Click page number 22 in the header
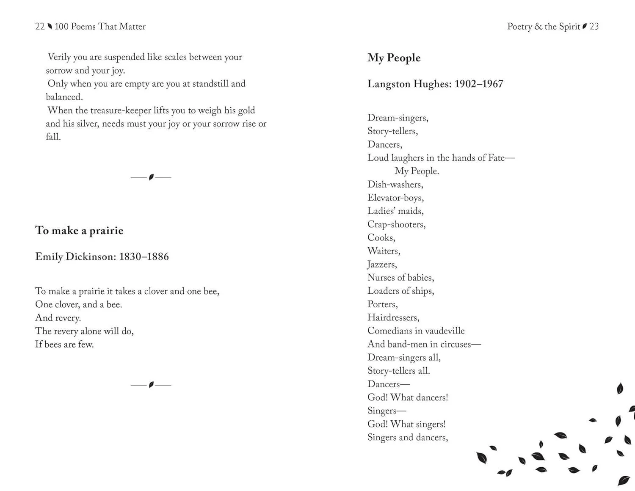(x=40, y=27)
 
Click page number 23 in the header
(x=594, y=27)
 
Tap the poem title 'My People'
(x=394, y=58)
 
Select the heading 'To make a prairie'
(x=79, y=231)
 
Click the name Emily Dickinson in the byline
(x=75, y=257)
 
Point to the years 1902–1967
(x=479, y=84)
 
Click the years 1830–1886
(x=144, y=257)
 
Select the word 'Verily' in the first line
(x=59, y=57)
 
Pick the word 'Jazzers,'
(x=382, y=265)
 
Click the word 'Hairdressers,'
(x=393, y=317)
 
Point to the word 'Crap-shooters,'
(x=396, y=224)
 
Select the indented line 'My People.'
(x=417, y=171)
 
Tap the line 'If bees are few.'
(x=64, y=345)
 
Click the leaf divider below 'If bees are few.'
(x=151, y=385)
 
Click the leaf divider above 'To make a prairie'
(x=151, y=177)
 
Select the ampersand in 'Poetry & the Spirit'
(x=538, y=27)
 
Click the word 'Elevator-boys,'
(x=395, y=198)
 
